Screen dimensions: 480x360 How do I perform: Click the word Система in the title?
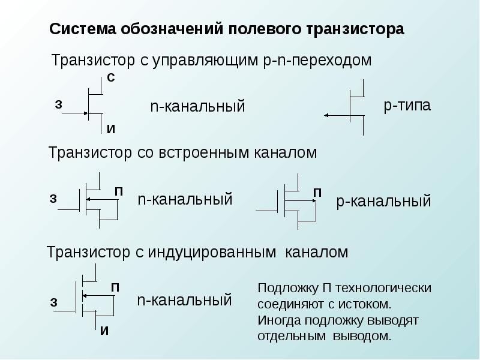tap(82, 29)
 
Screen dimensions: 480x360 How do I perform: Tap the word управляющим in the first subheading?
tap(205, 61)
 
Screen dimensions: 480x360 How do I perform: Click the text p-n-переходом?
tap(317, 61)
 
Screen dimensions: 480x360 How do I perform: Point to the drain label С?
tap(111, 78)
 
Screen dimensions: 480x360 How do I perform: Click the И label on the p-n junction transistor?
tap(111, 129)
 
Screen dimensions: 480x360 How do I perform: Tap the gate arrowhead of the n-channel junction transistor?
tap(86, 113)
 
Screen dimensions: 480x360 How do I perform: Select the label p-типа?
tap(407, 106)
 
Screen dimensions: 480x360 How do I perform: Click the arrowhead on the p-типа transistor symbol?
tap(326, 115)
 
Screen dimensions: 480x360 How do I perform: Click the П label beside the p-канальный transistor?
tap(317, 193)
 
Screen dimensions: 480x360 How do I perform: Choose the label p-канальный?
tap(383, 202)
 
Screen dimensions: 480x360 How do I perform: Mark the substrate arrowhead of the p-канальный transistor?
tap(314, 201)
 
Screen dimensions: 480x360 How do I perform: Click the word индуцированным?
tap(212, 253)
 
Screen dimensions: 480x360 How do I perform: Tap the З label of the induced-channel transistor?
tap(53, 302)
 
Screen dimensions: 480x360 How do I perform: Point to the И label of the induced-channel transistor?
tap(104, 331)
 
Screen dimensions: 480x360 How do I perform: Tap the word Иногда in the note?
tap(280, 320)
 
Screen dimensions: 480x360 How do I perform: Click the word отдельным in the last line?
tap(292, 337)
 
